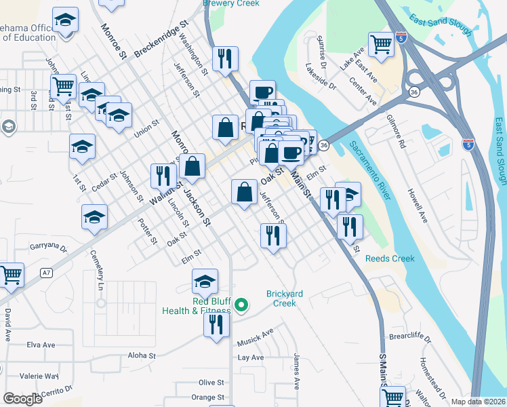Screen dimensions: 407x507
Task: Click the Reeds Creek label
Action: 389,258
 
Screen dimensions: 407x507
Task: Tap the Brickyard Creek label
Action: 281,298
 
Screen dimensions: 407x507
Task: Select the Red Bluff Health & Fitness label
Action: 196,306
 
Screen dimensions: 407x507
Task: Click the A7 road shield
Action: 46,273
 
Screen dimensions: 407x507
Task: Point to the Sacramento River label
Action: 371,170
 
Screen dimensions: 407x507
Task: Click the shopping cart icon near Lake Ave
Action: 382,44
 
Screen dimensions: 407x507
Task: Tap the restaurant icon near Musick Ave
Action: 217,324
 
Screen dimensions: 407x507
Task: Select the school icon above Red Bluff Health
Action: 205,280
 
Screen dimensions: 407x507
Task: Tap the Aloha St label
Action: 142,355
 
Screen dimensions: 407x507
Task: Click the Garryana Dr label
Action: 49,248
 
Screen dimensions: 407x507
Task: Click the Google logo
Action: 22,399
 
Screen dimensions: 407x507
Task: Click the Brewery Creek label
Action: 231,3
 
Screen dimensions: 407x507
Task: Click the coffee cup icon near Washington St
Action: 262,92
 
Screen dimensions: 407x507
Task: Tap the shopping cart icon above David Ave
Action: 11,275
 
